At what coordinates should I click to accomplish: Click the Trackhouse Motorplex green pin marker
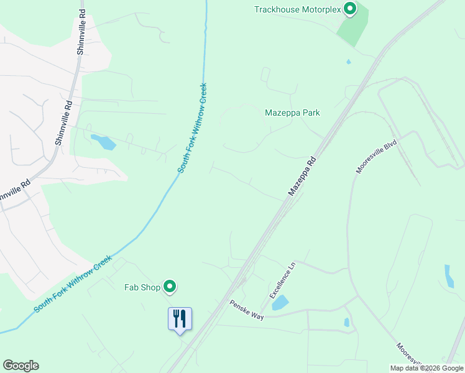pos(350,9)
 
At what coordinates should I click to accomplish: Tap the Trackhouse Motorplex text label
pos(298,9)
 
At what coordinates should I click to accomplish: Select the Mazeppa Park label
pos(292,113)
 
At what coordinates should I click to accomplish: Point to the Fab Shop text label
pos(142,287)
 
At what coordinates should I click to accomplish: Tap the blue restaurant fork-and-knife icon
pos(180,318)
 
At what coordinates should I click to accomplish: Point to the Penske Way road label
pos(247,309)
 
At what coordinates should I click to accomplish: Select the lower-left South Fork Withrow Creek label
pos(73,283)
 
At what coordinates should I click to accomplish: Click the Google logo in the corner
pos(21,366)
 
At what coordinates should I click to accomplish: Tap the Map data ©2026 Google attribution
pos(426,368)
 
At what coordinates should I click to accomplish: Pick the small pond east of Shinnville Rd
pos(103,142)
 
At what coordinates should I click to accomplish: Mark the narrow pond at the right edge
pos(449,276)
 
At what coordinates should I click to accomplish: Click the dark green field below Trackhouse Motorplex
pos(352,29)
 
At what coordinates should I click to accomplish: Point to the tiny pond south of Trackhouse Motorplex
pos(348,62)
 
